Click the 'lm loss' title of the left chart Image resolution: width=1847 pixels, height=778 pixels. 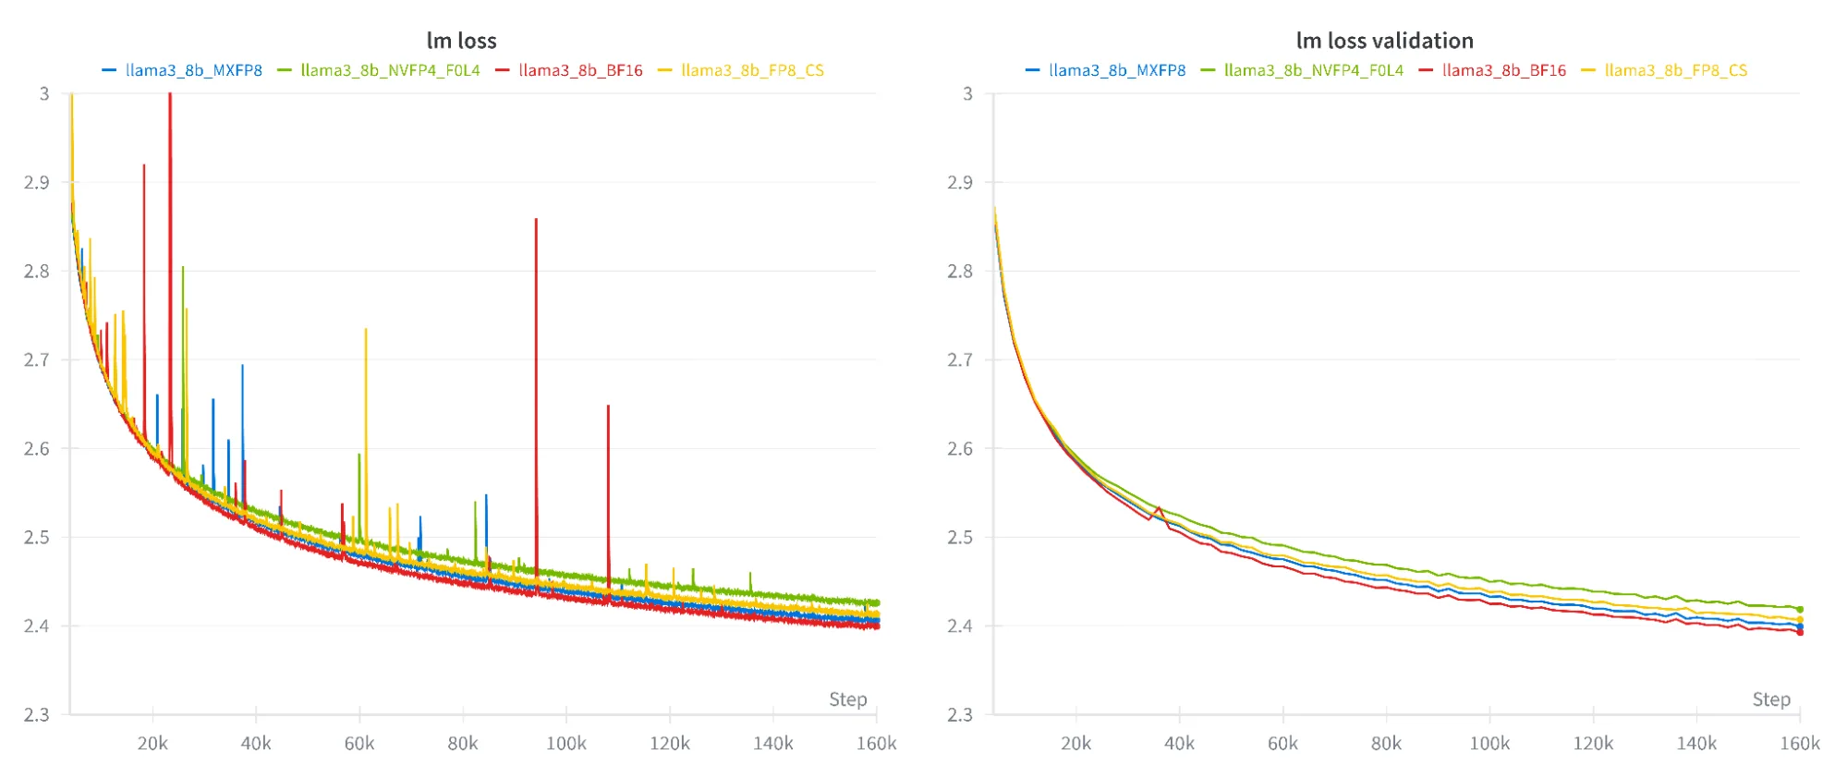click(461, 41)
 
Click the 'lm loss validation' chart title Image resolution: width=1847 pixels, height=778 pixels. click(1384, 41)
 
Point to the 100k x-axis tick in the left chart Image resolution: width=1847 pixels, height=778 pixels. click(565, 744)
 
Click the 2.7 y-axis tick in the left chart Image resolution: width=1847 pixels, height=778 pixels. click(37, 359)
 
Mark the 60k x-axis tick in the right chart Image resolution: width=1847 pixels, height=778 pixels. click(1282, 744)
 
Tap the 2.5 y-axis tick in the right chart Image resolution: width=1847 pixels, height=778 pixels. click(960, 537)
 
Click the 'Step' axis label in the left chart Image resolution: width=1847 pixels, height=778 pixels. click(847, 699)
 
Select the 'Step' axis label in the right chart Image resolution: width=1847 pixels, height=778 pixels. click(1771, 699)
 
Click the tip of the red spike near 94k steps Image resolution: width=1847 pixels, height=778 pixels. click(536, 220)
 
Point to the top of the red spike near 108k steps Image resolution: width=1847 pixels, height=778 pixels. click(608, 407)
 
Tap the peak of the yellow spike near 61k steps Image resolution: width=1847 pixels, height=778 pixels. click(366, 330)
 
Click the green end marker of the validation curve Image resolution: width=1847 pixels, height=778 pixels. click(1800, 610)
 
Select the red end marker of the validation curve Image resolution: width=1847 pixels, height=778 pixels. click(1800, 633)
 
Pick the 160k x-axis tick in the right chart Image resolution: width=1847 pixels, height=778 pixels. click(1799, 744)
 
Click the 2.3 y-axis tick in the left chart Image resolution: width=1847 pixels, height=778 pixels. click(37, 714)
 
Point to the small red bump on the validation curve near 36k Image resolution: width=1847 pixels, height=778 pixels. click(1159, 507)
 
